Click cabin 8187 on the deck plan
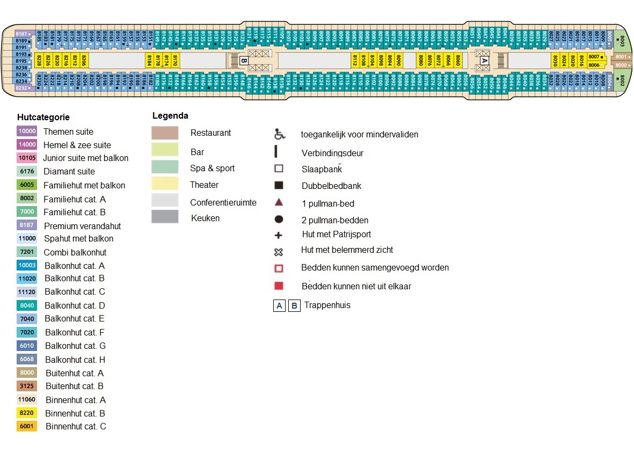pos(22,34)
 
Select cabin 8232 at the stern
pos(22,87)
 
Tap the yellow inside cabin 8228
pos(39,60)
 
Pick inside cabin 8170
pos(175,60)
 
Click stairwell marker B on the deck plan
pos(243,60)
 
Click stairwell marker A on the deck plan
pos(484,60)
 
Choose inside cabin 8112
pos(355,60)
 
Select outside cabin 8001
pos(621,56)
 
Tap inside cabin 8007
pos(594,56)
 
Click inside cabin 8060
pos(457,60)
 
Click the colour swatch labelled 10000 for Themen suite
pos(27,131)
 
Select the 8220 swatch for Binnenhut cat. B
pos(27,413)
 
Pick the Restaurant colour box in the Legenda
pos(165,133)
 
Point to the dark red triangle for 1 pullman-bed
pos(279,203)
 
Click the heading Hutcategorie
pos(43,117)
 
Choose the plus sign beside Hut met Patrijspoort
pos(279,235)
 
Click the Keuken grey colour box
pos(165,217)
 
